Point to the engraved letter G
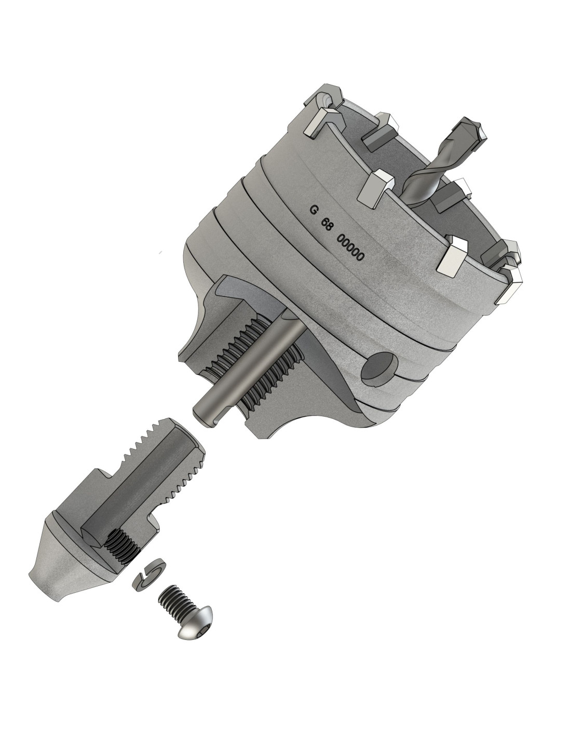click(x=313, y=209)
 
